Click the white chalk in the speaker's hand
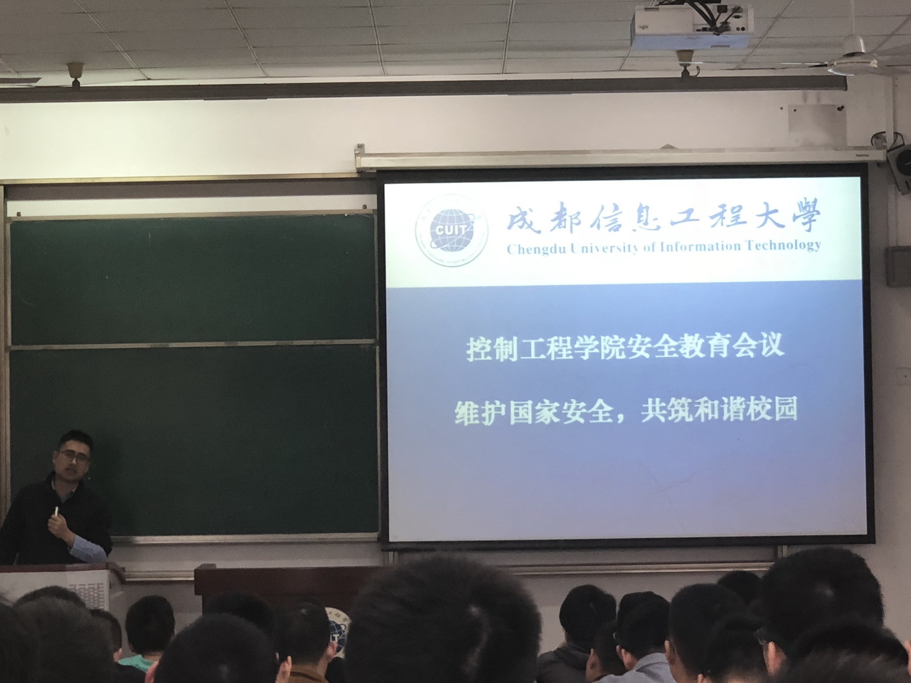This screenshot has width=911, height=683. (56, 511)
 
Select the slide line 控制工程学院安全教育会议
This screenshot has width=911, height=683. (625, 348)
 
